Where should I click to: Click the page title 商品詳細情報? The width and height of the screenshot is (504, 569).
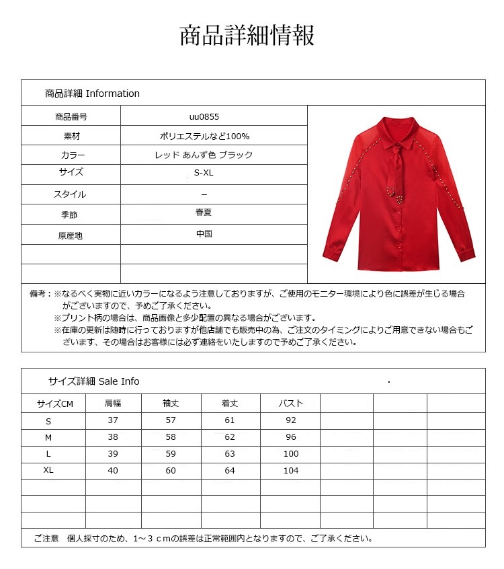pos(247,36)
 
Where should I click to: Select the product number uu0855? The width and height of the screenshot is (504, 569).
pos(204,116)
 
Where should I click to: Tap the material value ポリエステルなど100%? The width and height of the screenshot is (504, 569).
pos(204,136)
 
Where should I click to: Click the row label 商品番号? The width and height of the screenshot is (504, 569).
pos(71,116)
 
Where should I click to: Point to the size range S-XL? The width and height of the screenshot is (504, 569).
pos(204,174)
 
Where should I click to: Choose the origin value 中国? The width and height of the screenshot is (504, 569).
pos(204,234)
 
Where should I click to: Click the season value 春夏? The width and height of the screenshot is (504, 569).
pos(204,213)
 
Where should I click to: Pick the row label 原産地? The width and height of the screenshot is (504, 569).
pos(71,236)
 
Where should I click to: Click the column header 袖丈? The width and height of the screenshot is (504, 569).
pos(171,404)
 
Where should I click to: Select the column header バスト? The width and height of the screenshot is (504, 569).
pos(290,404)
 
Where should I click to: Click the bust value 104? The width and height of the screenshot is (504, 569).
pos(290,471)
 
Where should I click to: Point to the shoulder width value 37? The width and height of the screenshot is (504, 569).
pos(113,420)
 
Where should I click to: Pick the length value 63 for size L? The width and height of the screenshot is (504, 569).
pos(230,454)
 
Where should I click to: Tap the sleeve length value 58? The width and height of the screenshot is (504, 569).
pos(171,437)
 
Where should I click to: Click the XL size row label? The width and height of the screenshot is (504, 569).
pos(48,471)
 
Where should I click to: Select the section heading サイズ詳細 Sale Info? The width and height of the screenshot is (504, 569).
pos(93,381)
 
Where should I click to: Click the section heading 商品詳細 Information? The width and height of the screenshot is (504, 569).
pos(92,93)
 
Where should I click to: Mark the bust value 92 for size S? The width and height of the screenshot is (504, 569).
pos(290,420)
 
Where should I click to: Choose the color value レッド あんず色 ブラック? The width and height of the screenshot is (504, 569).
pos(204,155)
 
